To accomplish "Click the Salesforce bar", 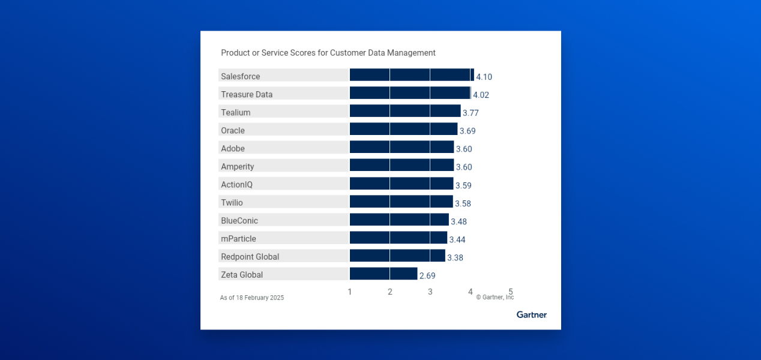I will pyautogui.click(x=412, y=75).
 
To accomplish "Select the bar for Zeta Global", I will pyautogui.click(x=384, y=274).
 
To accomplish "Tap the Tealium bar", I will pyautogui.click(x=405, y=111).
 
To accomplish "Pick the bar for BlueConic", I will pyautogui.click(x=399, y=220).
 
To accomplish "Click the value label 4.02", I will pyautogui.click(x=481, y=95).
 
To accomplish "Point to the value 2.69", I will pyautogui.click(x=427, y=276).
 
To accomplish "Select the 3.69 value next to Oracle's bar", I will pyautogui.click(x=468, y=131).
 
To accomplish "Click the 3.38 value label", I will pyautogui.click(x=455, y=258).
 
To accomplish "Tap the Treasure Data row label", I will pyautogui.click(x=247, y=94).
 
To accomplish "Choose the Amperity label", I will pyautogui.click(x=238, y=166).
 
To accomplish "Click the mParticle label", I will pyautogui.click(x=238, y=239).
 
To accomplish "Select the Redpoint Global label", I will pyautogui.click(x=250, y=257).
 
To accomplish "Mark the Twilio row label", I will pyautogui.click(x=232, y=203).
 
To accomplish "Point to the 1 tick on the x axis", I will pyautogui.click(x=350, y=292).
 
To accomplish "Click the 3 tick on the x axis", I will pyautogui.click(x=430, y=292).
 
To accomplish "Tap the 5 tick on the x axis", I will pyautogui.click(x=511, y=291).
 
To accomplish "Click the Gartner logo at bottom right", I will pyautogui.click(x=531, y=314).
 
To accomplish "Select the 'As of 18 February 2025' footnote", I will pyautogui.click(x=252, y=298).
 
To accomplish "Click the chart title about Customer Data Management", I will pyautogui.click(x=328, y=53).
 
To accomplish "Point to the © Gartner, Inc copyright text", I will pyautogui.click(x=495, y=298).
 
